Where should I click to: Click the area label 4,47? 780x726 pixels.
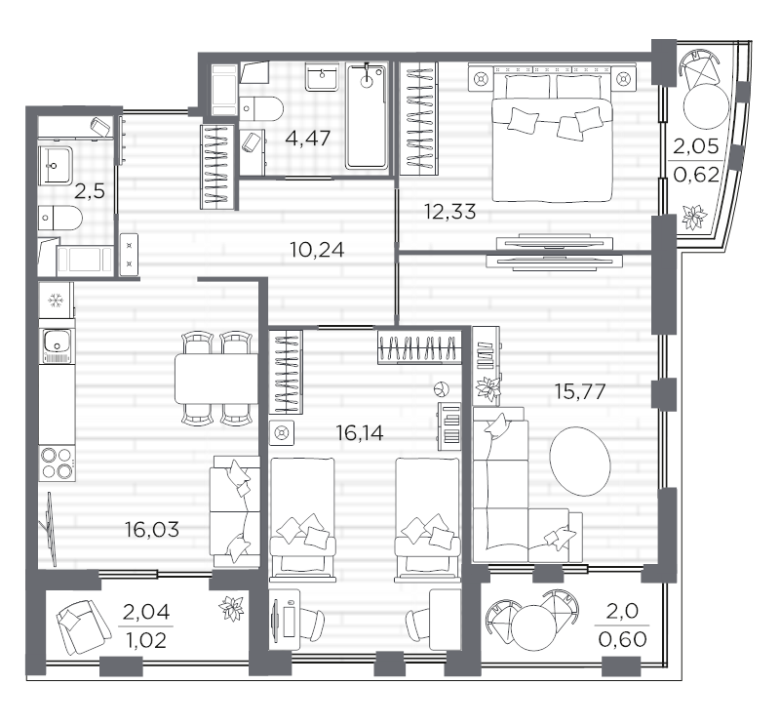click(307, 139)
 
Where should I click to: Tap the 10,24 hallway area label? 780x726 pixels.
click(317, 250)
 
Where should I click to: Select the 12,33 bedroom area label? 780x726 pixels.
click(449, 212)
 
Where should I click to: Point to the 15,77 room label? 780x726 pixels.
click(579, 392)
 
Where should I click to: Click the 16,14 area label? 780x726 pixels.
click(360, 433)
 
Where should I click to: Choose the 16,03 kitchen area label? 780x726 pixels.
click(152, 530)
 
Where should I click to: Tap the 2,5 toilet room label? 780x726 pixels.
click(90, 190)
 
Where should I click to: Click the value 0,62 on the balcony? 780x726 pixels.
click(696, 175)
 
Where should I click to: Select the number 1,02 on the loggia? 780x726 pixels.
click(146, 641)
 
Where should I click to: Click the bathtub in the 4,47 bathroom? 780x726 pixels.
click(368, 116)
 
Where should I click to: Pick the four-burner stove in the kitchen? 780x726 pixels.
click(58, 464)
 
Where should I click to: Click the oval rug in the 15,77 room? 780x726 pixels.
click(579, 462)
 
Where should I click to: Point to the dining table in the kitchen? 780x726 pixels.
click(215, 379)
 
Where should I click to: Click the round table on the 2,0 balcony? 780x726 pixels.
click(533, 627)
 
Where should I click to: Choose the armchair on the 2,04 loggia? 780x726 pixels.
click(84, 627)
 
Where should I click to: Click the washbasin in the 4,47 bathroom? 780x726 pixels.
click(323, 77)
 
